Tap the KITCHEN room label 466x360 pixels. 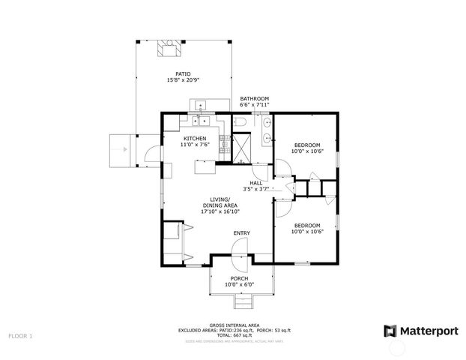tap(196, 138)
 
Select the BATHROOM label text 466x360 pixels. tap(254, 98)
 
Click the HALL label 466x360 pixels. tap(255, 183)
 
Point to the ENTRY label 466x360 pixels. tap(241, 233)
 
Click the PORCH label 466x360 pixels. tap(240, 278)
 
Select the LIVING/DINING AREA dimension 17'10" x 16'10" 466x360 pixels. tap(220, 211)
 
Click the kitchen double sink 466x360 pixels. tap(201, 120)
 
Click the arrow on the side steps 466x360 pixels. tap(118, 150)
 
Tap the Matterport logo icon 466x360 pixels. tap(390, 331)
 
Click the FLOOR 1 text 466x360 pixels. tap(20, 337)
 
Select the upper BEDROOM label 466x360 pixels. tap(306, 145)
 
